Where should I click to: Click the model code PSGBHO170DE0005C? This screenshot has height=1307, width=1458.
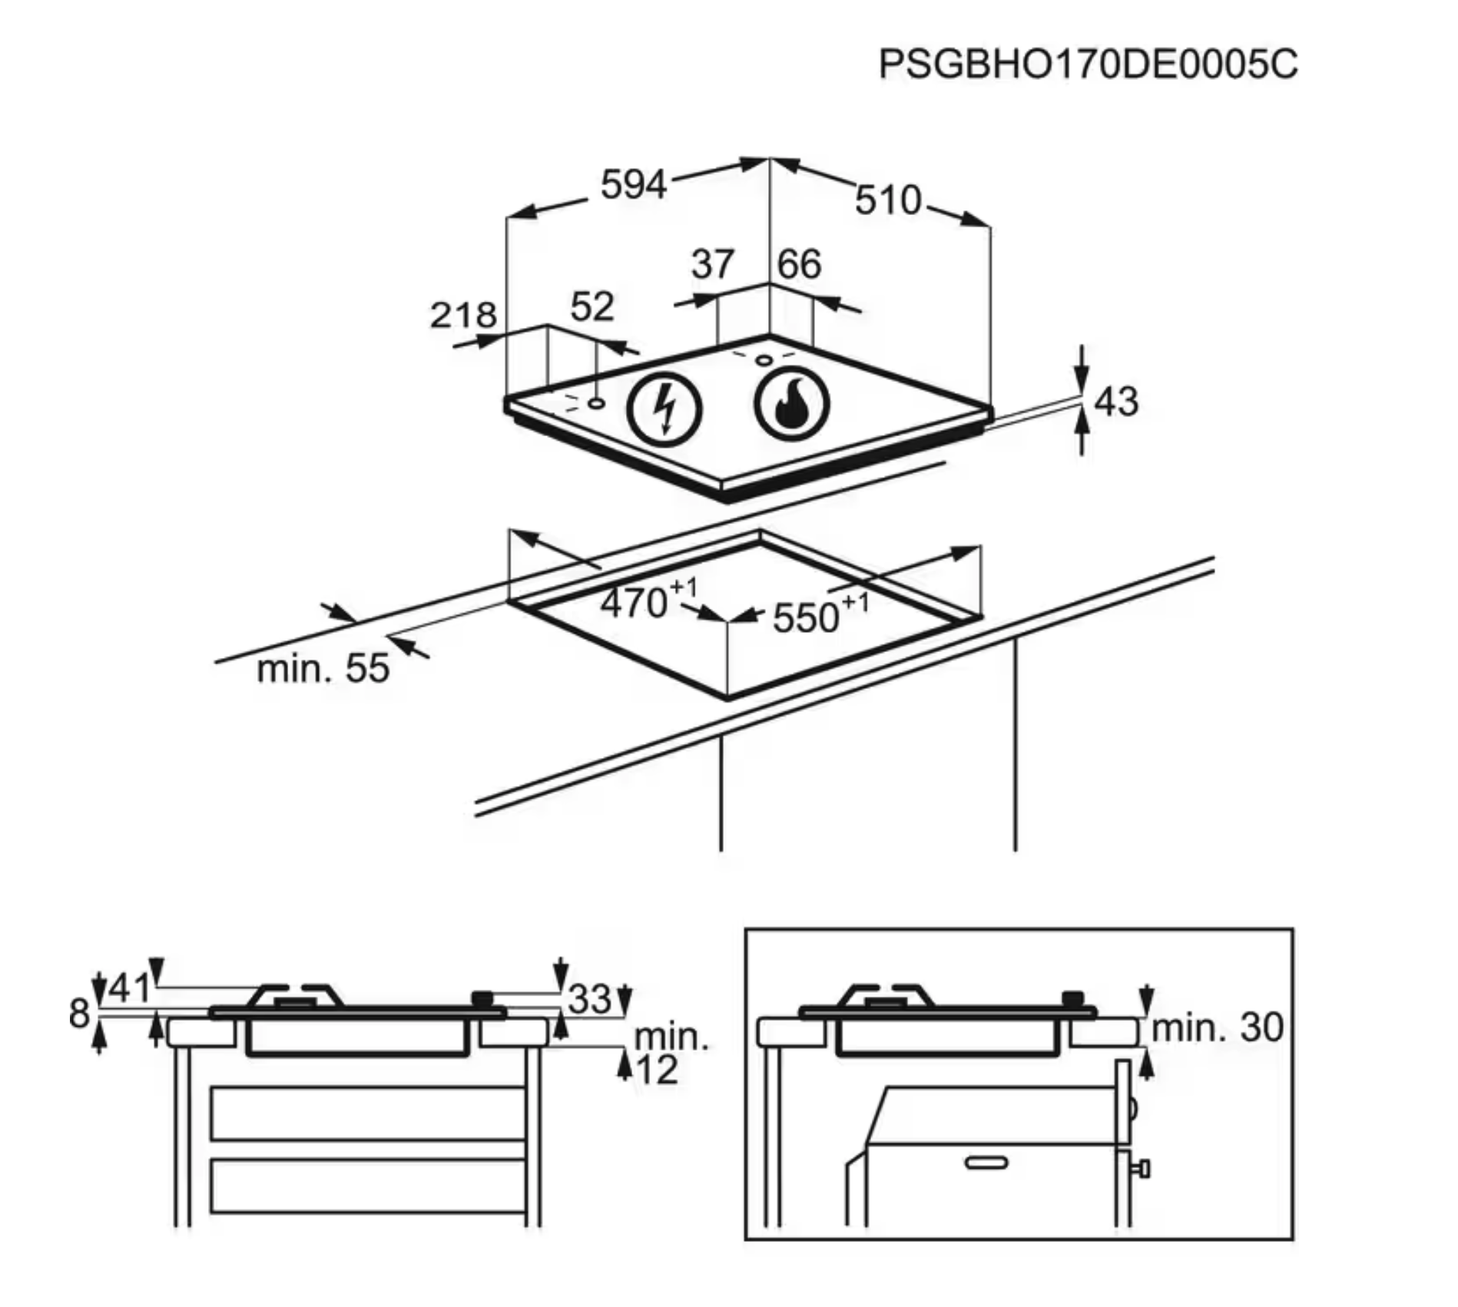point(1088,64)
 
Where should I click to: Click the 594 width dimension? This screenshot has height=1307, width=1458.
point(633,185)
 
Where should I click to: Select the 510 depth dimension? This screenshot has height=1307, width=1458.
point(888,200)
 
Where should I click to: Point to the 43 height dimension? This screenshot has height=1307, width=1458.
point(1115,402)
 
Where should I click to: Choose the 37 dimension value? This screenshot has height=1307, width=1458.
point(713,264)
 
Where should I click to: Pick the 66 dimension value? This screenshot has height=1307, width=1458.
point(799,264)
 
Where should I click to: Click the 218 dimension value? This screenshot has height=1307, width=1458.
point(463,316)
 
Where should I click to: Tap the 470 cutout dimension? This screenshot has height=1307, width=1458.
point(635,603)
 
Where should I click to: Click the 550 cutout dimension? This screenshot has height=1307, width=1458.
point(806,617)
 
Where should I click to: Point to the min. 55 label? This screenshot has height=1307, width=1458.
point(323,669)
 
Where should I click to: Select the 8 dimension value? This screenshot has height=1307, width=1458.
point(79,1014)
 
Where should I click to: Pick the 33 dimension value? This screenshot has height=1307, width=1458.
point(590,999)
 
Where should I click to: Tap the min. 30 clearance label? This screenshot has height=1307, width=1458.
point(1218,1027)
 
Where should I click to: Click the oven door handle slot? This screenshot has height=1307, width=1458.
point(986,1163)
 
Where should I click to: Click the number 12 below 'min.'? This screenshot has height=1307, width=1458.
point(658,1070)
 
